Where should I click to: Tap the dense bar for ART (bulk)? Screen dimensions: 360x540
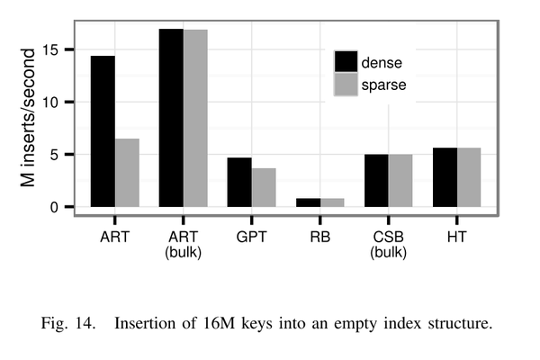pos(171,118)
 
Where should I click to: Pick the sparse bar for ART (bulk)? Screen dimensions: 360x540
pos(195,118)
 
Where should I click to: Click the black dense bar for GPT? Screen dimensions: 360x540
pos(239,183)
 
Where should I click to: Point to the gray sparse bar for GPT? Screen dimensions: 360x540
pos(263,187)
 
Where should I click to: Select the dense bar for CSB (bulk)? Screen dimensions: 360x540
pos(376,181)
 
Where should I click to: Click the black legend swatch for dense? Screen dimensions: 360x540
pos(346,62)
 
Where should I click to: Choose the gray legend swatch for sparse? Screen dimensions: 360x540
pos(346,85)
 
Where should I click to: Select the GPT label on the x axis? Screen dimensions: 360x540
pos(251,238)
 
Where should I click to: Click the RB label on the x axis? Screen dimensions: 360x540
pos(319,238)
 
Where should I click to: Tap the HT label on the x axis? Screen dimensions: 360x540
pos(456,238)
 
